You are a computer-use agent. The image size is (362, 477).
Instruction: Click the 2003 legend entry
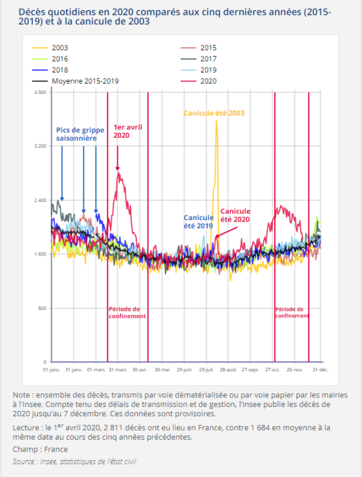50,48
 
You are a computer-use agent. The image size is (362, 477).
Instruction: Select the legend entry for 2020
198,81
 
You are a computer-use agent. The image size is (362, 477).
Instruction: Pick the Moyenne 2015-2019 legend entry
75,81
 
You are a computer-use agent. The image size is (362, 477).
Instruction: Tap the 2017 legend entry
198,59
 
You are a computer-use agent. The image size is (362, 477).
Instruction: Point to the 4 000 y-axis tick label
40,92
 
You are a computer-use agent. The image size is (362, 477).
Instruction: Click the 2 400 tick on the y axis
40,200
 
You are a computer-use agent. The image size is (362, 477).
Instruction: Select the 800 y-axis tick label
43,308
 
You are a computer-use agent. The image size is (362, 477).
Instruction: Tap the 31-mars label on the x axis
118,370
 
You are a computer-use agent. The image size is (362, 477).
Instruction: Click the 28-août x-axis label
228,370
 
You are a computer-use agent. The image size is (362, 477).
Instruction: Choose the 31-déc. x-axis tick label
321,370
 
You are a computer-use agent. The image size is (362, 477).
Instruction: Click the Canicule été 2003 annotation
214,113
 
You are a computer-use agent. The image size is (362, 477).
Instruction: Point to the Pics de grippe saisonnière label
80,134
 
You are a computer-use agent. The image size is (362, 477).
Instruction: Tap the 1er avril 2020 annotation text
128,131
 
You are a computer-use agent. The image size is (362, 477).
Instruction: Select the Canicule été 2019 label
198,222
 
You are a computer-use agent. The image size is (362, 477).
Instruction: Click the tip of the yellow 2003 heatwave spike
216,120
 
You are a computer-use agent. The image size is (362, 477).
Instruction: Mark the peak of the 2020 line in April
118,173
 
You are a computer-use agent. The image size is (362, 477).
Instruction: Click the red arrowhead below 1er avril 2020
117,169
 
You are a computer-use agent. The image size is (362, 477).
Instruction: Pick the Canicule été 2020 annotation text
235,216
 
